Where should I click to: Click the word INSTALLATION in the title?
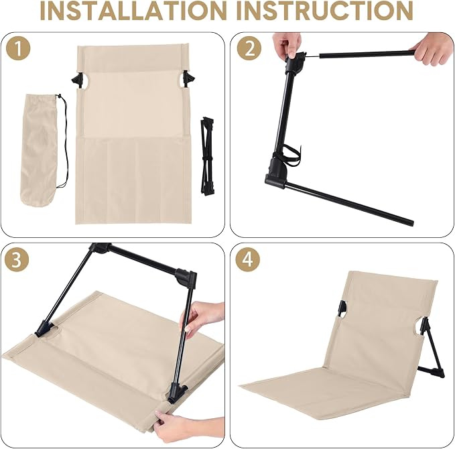tap(134, 11)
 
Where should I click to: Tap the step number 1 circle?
tap(18, 49)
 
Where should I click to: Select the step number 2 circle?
tap(249, 49)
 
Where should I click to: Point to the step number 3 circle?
tap(17, 260)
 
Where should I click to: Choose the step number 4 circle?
tap(248, 260)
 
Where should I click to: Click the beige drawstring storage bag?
tap(40, 149)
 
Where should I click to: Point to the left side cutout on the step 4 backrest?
tap(342, 311)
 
